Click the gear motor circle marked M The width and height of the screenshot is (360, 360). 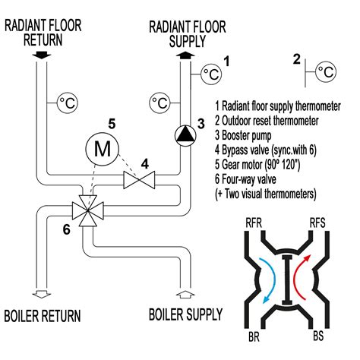[102, 150]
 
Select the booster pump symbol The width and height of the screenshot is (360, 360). [185, 134]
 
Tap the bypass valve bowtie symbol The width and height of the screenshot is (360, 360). [139, 180]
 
